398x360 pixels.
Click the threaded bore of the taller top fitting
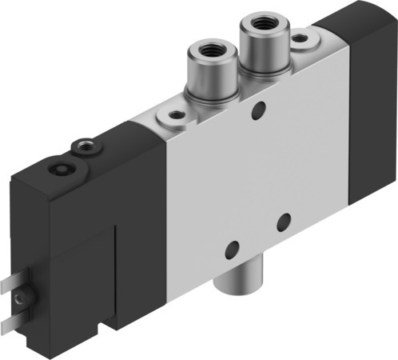coord(262,26)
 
